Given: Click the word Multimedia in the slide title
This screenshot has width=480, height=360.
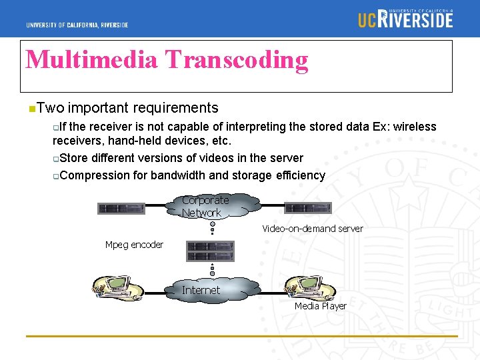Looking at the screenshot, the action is pos(91,60).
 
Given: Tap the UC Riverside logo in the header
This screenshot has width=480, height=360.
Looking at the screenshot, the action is pos(405,18).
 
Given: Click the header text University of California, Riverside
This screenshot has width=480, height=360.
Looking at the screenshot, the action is pos(77,25).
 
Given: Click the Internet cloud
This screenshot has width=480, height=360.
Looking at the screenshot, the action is pos(203,290).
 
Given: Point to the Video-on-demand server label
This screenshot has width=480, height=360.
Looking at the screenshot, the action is pos(312,229).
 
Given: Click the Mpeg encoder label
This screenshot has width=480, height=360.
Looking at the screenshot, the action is pos(134,245).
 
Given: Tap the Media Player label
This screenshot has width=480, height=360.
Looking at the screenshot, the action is pos(321,306).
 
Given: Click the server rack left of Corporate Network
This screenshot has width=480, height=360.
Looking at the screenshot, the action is pos(121,208).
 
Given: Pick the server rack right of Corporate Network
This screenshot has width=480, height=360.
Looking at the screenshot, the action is pos(308,207).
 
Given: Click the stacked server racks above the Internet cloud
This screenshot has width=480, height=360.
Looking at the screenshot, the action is pos(210,251).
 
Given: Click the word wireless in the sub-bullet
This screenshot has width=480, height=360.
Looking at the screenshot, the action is pos(413,127).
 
